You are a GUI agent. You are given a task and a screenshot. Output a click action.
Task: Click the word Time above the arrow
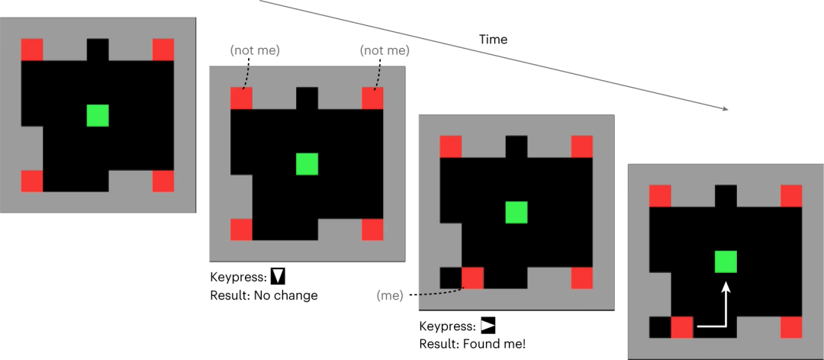(x=493, y=39)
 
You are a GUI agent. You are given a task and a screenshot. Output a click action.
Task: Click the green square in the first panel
(x=98, y=115)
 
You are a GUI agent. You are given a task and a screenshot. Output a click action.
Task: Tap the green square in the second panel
(x=307, y=164)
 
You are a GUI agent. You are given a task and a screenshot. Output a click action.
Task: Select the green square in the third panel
(x=517, y=212)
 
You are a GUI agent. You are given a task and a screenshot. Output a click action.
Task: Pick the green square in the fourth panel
(x=726, y=262)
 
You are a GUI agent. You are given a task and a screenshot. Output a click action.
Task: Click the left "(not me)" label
(x=255, y=50)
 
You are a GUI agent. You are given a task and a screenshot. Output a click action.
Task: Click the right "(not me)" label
(x=385, y=50)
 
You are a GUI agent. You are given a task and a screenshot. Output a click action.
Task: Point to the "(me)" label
(x=390, y=294)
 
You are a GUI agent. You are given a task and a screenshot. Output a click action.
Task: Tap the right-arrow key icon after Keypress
(x=488, y=326)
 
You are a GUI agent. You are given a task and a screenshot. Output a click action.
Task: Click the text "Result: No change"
(x=263, y=294)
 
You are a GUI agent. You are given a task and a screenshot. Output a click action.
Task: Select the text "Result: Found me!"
(x=472, y=343)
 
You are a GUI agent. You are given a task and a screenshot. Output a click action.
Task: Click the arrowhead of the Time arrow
(x=725, y=110)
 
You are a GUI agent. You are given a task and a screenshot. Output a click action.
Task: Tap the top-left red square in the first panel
(x=32, y=50)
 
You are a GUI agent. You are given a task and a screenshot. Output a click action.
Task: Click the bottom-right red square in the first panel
(x=163, y=181)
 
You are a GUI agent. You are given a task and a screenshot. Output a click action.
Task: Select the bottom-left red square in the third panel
(x=473, y=278)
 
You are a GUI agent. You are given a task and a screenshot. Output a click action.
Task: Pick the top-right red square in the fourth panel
(x=791, y=196)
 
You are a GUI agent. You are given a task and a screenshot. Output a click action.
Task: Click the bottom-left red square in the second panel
(x=241, y=230)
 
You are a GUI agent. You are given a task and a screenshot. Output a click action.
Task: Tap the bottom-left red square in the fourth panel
(x=681, y=327)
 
